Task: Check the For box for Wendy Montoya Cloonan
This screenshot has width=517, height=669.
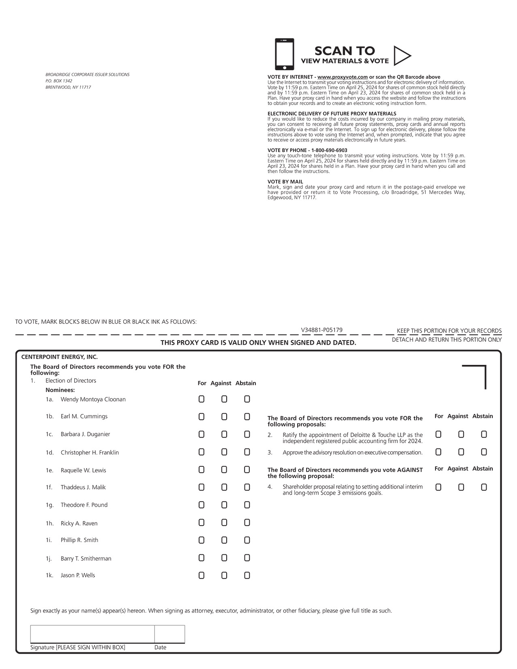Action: point(202,399)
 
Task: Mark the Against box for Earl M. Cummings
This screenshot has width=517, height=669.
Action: point(224,417)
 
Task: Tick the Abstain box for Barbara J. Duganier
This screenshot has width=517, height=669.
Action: point(247,435)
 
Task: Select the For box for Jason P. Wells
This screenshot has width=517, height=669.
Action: point(202,575)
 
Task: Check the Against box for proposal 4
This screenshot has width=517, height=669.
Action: point(461,487)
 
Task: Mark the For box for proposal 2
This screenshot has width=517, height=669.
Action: point(438,435)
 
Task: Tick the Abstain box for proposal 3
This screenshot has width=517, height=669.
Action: point(484,452)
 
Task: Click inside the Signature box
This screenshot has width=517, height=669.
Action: point(92,634)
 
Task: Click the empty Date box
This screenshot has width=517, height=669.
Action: point(169,634)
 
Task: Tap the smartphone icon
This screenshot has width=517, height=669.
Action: point(284,54)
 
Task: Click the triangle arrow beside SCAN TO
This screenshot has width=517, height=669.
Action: point(401,56)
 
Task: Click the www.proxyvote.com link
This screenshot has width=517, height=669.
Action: point(342,77)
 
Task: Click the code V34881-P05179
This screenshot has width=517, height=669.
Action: point(322,330)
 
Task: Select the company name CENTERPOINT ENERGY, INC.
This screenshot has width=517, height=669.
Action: point(60,357)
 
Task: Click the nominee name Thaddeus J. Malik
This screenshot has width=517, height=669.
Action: point(83,487)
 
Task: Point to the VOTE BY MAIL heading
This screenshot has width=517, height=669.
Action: point(285,182)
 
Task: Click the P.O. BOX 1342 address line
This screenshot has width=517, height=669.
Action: point(59,81)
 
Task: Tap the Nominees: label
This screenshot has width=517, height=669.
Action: point(60,390)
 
